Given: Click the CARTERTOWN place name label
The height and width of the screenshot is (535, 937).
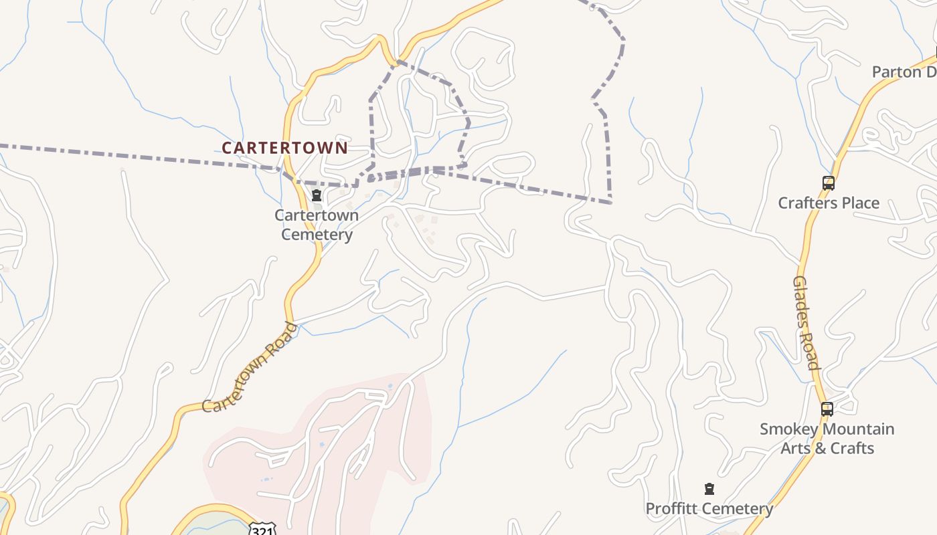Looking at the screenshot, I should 284,148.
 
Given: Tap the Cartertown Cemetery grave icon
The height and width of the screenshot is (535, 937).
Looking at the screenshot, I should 317,196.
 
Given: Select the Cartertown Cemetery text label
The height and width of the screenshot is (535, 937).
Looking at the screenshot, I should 317,225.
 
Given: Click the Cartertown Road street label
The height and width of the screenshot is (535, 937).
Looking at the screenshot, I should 250,367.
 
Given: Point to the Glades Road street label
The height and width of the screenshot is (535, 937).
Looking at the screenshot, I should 806,322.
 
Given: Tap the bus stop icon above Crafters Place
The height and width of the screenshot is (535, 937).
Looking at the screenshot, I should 828,183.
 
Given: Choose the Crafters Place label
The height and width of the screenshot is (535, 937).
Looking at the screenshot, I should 829,203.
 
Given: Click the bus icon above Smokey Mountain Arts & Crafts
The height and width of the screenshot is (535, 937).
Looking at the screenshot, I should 827,409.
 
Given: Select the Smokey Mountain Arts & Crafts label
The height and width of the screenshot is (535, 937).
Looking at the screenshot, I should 827,438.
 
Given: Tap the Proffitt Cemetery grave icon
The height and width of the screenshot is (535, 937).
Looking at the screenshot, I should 709,489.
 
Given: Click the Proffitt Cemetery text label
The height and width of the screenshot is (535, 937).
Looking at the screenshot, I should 709,509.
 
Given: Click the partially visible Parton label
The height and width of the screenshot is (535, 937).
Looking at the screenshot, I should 904,72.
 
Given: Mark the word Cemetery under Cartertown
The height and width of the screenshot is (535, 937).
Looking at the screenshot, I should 317,235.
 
